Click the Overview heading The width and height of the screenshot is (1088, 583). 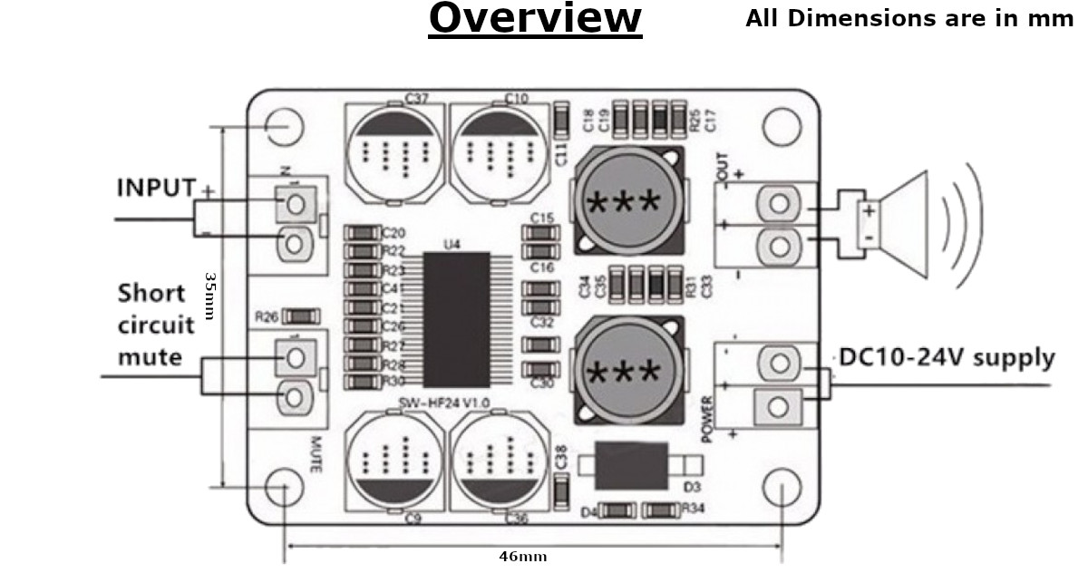[x=535, y=18]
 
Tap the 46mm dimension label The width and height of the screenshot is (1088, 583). [x=523, y=557]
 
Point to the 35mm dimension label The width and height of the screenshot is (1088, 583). [x=209, y=296]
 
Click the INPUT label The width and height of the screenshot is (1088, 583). [x=156, y=188]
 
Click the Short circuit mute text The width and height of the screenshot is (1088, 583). [x=156, y=326]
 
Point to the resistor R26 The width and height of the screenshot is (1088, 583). [x=300, y=316]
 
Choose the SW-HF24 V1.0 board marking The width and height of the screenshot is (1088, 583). [x=444, y=402]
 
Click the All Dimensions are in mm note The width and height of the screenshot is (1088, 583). [x=908, y=18]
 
